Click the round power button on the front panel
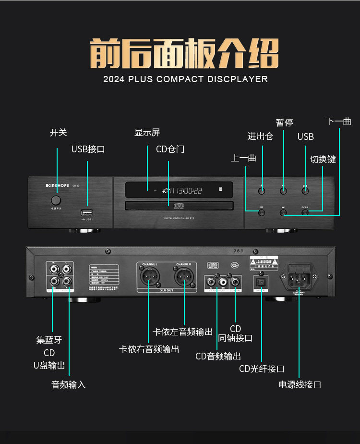pyautogui.click(x=56, y=200)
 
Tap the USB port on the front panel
pyautogui.click(x=87, y=212)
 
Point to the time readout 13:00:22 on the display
pyautogui.click(x=185, y=191)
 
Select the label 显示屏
pyautogui.click(x=147, y=133)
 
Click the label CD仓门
pyautogui.click(x=170, y=149)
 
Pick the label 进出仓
pyautogui.click(x=260, y=136)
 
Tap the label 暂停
pyautogui.click(x=284, y=123)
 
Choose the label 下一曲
pyautogui.click(x=338, y=121)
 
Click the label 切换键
pyautogui.click(x=323, y=160)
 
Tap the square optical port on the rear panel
pyautogui.click(x=262, y=282)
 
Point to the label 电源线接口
pyautogui.click(x=300, y=384)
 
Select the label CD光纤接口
pyautogui.click(x=262, y=369)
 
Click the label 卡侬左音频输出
pyautogui.click(x=182, y=332)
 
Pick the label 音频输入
pyautogui.click(x=69, y=384)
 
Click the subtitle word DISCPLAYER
pyautogui.click(x=238, y=79)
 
